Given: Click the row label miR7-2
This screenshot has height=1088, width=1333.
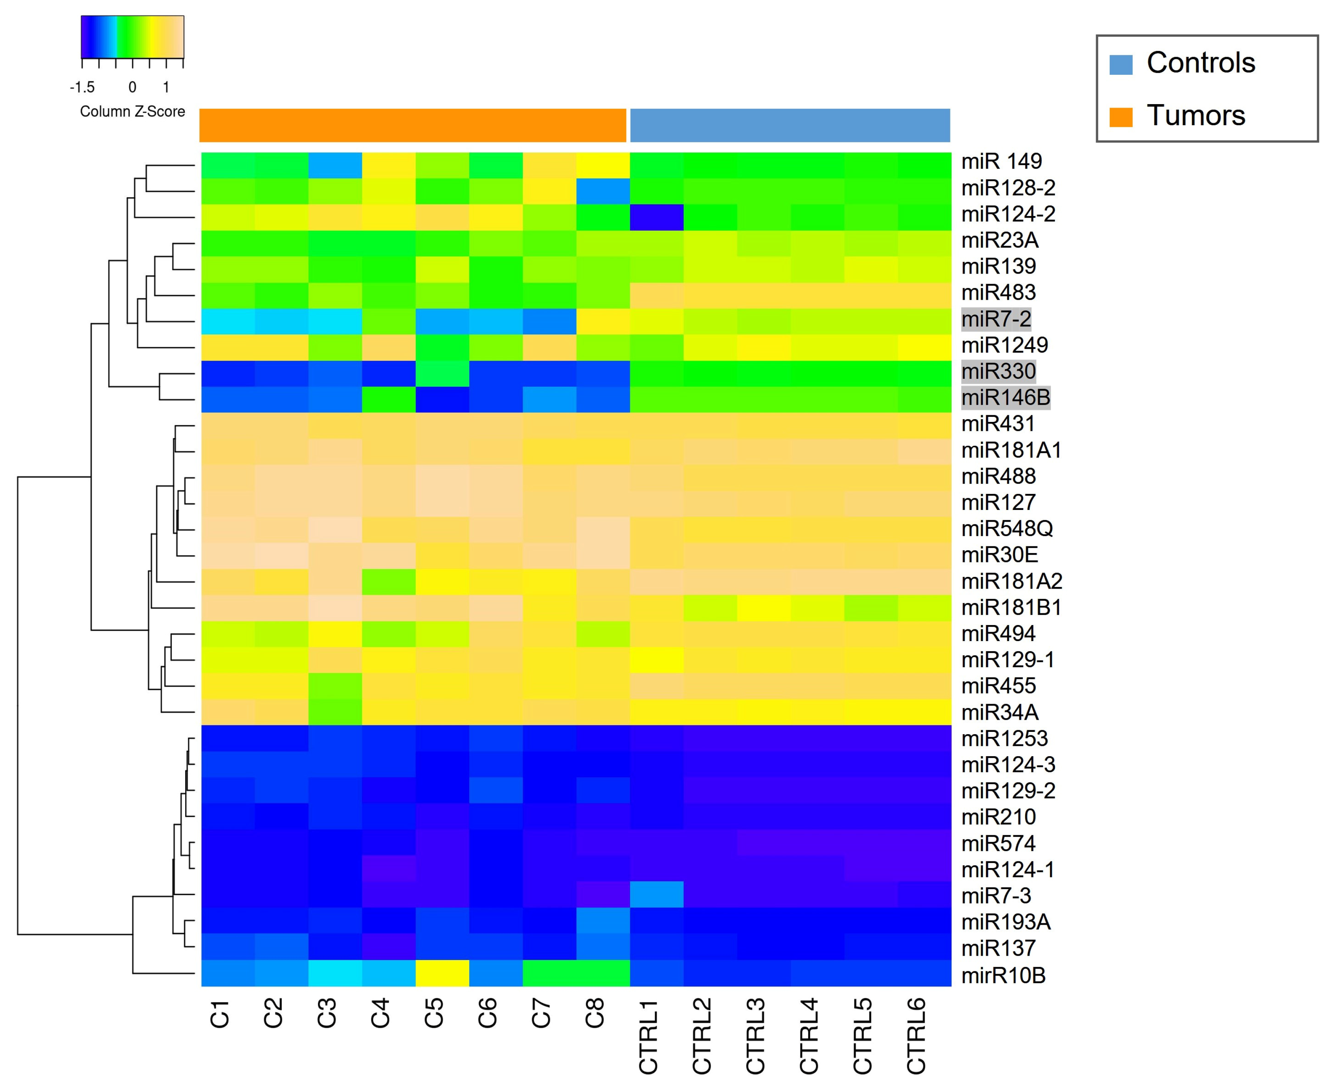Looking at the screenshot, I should tap(996, 319).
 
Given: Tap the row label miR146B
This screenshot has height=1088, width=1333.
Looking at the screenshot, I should tap(1005, 397).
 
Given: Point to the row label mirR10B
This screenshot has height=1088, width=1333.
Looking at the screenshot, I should tap(1003, 975).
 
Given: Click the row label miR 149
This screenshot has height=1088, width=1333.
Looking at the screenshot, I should tap(1001, 161).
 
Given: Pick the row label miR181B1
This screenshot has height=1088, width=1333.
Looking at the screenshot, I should tap(1011, 607).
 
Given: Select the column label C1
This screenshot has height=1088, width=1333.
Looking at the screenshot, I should tap(219, 1013).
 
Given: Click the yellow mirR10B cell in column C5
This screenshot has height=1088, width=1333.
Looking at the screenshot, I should tap(442, 973).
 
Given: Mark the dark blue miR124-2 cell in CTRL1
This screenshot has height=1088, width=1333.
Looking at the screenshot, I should tap(656, 218).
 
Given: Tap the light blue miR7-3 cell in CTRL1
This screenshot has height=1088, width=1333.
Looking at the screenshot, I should tap(656, 894).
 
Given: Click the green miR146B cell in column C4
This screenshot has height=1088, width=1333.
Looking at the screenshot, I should tap(389, 399).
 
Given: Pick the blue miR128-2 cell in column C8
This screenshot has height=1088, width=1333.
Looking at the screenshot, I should tap(603, 191).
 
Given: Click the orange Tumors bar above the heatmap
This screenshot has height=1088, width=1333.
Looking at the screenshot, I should tap(413, 125).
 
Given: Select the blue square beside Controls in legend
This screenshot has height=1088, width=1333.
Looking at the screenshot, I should tap(1121, 65).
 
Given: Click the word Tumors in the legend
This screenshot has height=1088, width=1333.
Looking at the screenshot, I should tap(1196, 116).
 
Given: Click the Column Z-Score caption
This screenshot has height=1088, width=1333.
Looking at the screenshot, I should tap(132, 112).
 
